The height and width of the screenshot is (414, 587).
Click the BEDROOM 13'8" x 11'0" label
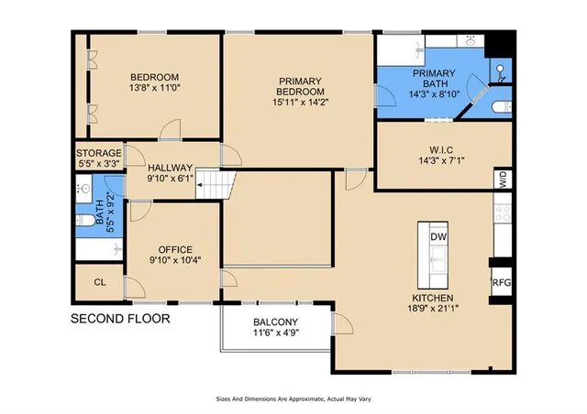154,83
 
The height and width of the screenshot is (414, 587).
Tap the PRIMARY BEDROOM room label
302,92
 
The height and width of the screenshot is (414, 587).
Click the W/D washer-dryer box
503,179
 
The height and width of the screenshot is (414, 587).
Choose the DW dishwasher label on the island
438,237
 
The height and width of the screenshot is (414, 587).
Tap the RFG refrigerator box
502,283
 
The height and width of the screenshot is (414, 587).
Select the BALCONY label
275,327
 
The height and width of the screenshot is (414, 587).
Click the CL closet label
99,282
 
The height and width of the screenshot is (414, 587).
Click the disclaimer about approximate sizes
293,398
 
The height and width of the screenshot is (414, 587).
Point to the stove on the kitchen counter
503,214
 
